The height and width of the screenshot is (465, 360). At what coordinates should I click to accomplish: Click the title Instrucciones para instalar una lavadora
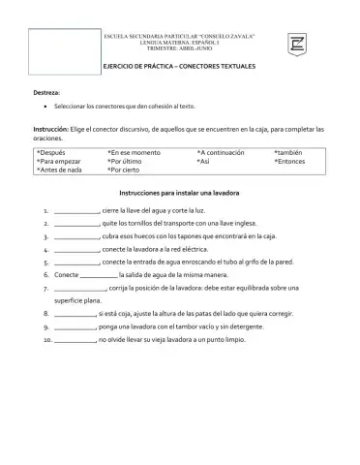click(179, 194)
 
